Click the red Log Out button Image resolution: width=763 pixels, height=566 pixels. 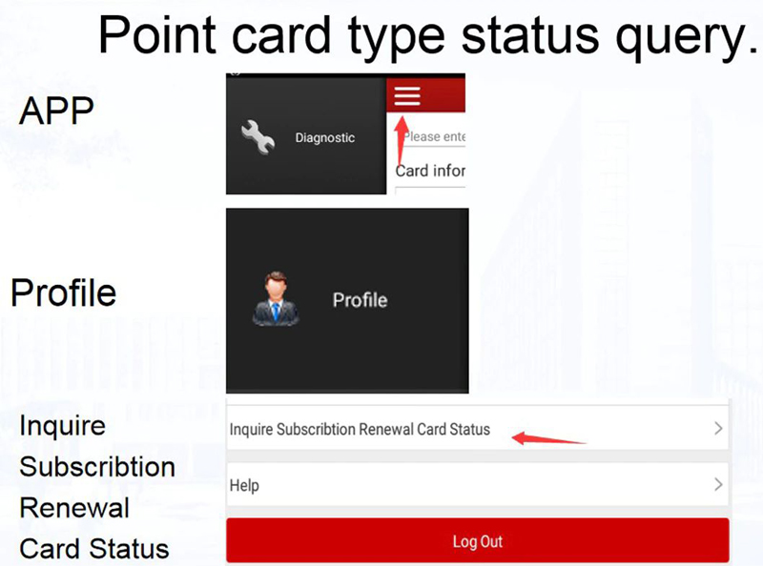click(477, 541)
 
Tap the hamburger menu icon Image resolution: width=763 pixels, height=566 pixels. click(407, 96)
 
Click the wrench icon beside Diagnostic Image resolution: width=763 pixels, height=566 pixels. click(258, 137)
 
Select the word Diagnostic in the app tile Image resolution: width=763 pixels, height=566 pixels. click(324, 138)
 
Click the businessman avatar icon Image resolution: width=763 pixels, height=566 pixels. click(277, 299)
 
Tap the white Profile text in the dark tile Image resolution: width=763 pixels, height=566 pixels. click(360, 300)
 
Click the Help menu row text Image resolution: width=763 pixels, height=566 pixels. click(244, 486)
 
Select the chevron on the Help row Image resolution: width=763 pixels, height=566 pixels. click(718, 485)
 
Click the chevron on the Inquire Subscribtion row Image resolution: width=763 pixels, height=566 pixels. click(718, 430)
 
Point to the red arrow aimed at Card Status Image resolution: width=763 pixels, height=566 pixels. click(548, 439)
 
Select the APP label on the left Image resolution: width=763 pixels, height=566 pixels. click(56, 111)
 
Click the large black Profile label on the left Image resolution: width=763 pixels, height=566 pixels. click(63, 293)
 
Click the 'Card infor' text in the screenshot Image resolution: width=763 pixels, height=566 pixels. click(430, 172)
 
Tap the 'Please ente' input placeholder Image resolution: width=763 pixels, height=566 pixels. click(434, 137)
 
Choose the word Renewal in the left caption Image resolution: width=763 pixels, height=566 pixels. click(74, 508)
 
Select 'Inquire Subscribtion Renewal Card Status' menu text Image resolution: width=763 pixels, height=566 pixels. click(360, 430)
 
